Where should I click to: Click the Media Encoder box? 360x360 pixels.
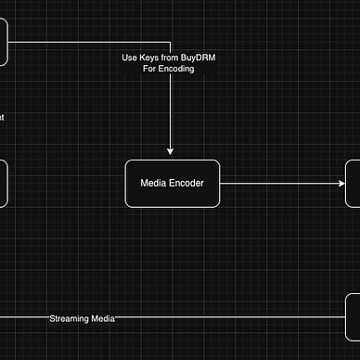[x=172, y=183]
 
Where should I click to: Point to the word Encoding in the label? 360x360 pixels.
[x=176, y=70]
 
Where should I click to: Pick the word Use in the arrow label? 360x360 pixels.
[x=130, y=58]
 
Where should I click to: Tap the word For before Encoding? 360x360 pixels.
[x=151, y=70]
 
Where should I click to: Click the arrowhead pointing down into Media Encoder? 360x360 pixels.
[x=171, y=150]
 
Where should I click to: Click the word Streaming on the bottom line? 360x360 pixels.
[x=69, y=318]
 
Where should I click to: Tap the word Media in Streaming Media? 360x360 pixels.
[x=102, y=318]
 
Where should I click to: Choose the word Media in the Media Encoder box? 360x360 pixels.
[x=154, y=184]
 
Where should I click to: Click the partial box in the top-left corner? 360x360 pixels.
[x=3, y=42]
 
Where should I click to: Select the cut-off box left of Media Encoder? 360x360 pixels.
[x=3, y=183]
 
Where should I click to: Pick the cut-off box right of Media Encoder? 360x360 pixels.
[x=354, y=183]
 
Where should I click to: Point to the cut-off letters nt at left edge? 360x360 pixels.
[x=2, y=118]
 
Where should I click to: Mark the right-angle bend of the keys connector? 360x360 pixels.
[x=171, y=43]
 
